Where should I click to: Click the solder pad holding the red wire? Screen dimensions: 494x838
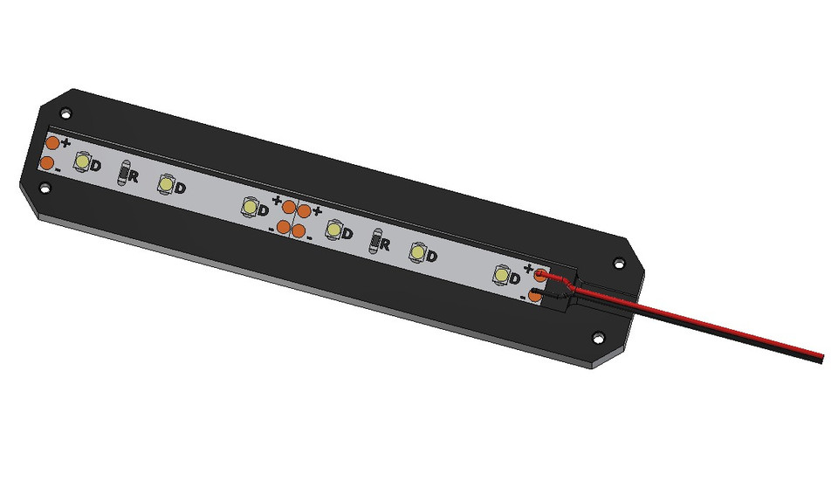[x=541, y=276]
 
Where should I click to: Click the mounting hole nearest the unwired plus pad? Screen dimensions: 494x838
[x=65, y=111]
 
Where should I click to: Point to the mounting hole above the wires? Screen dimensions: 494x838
[x=619, y=262]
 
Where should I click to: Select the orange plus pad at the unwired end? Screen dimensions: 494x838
[x=52, y=142]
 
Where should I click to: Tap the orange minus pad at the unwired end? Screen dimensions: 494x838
[x=46, y=163]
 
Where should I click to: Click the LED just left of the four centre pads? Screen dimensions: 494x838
[x=251, y=208]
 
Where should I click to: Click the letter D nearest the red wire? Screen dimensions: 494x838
[x=515, y=278]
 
